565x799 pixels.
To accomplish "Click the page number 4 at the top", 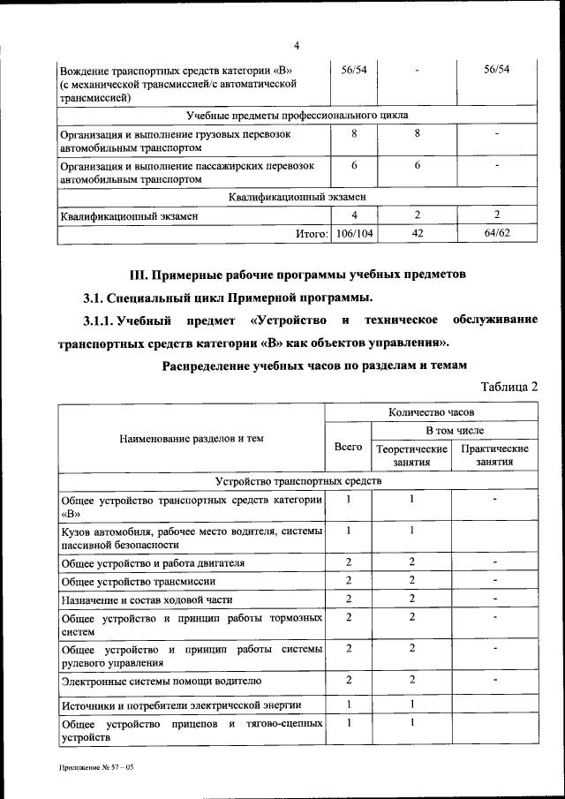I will coord(297,46).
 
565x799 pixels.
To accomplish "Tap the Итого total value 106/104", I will coord(354,233).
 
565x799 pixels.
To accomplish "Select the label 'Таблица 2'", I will coord(509,386).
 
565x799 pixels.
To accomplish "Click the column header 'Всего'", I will coord(349,447).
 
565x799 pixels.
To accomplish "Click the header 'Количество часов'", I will coord(432,412).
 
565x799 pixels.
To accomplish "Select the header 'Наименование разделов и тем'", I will coord(192,438).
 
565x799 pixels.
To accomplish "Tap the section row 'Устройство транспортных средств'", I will coord(298,481).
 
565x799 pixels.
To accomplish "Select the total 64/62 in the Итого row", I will coord(497,233).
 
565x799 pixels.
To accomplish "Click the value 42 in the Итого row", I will coord(417,233).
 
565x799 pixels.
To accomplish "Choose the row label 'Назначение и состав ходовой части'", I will coord(147,600).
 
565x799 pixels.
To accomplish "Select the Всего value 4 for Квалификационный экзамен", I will coord(354,215).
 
